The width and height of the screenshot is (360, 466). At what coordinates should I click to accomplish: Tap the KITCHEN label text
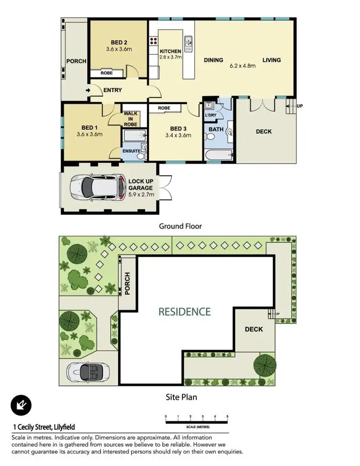(x=170, y=51)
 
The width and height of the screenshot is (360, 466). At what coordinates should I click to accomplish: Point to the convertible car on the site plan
(x=87, y=371)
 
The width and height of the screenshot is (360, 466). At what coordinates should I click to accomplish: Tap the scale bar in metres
(x=196, y=422)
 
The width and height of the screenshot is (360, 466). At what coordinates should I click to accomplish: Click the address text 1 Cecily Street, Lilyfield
(x=44, y=427)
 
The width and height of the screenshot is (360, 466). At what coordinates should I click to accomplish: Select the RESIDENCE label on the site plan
(x=185, y=311)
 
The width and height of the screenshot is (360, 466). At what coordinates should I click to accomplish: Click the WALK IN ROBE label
(x=131, y=119)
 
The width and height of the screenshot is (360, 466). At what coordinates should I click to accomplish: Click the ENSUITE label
(x=131, y=151)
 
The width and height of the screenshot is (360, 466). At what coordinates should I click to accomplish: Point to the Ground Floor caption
(x=180, y=226)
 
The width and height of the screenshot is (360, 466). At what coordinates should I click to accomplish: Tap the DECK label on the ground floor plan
(x=264, y=131)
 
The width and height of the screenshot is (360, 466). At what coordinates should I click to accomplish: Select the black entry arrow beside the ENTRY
(x=88, y=90)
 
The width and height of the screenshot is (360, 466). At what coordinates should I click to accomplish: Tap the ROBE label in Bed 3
(x=164, y=108)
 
